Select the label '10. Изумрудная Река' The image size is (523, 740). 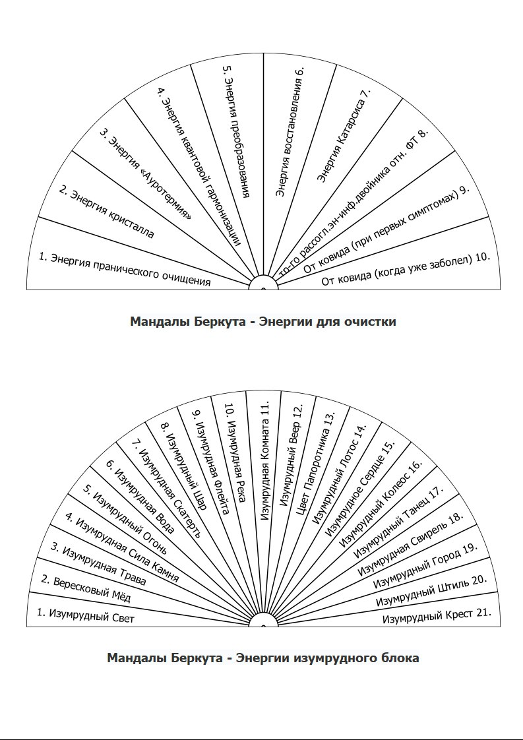pos(235,452)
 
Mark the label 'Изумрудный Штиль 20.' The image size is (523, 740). pos(431,590)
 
